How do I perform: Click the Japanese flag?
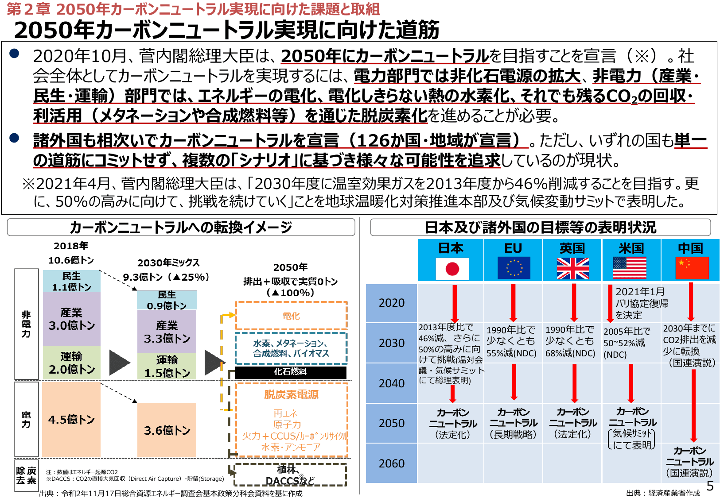(x=452, y=269)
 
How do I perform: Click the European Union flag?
(x=514, y=268)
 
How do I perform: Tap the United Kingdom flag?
(x=572, y=269)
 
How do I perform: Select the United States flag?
(x=630, y=269)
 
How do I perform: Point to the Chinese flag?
(x=692, y=269)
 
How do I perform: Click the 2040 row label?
(x=392, y=383)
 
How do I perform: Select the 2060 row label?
(x=392, y=463)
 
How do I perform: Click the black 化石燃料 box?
(x=291, y=372)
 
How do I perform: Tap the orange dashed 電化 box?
(x=291, y=316)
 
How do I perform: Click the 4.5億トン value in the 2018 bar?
(x=71, y=420)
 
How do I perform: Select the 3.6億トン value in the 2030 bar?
(x=167, y=430)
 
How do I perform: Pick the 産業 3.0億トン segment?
(x=72, y=319)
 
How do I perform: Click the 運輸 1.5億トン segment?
(x=167, y=367)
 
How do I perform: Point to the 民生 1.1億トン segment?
(x=72, y=282)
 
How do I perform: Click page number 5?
(x=710, y=486)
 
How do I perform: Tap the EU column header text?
(x=513, y=248)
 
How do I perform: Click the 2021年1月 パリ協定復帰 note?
(x=642, y=303)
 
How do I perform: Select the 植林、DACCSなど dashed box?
(x=290, y=475)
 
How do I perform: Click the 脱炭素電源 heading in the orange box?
(x=291, y=394)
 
